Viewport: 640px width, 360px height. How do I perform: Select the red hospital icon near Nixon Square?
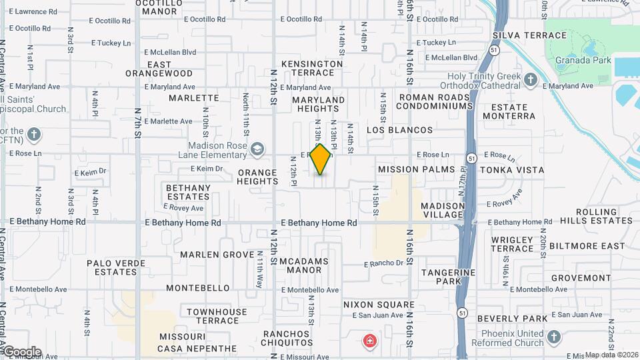368,341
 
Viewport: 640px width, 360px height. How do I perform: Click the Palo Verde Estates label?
116,267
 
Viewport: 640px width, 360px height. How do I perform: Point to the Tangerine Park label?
448,277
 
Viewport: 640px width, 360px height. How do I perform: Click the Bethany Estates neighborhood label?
188,192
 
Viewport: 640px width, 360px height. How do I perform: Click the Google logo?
21,352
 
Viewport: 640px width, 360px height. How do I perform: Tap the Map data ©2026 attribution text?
611,355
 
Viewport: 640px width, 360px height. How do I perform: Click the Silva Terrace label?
529,35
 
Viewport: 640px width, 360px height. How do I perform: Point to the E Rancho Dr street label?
384,263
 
